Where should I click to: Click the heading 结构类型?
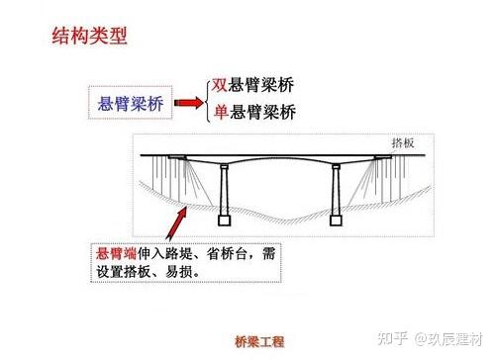90,39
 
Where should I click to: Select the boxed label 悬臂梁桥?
132,102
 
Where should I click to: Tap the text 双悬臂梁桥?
253,84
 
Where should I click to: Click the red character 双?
221,84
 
